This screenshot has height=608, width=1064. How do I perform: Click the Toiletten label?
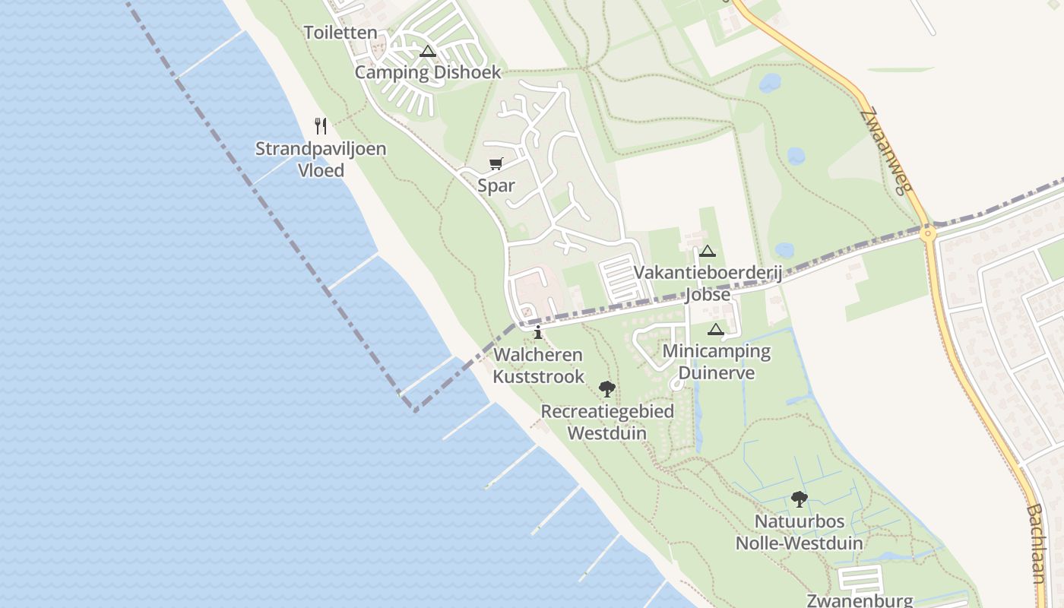point(340,33)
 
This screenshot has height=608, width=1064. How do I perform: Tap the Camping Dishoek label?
point(428,72)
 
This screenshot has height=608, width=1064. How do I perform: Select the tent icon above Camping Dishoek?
point(428,52)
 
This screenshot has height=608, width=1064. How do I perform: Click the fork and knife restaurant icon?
point(321,125)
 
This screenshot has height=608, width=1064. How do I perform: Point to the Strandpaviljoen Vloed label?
point(321,159)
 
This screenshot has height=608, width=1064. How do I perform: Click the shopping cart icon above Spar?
point(496,163)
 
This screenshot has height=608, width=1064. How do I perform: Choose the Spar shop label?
point(496,185)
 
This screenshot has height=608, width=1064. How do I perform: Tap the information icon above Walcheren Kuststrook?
point(538,332)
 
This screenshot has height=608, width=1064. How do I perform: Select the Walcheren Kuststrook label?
point(539,366)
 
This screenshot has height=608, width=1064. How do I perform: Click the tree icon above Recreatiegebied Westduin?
point(606,389)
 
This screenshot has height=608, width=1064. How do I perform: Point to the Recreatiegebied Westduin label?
point(607,422)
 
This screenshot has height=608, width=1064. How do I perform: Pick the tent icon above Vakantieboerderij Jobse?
point(708,252)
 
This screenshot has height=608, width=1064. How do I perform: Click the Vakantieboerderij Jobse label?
point(708,283)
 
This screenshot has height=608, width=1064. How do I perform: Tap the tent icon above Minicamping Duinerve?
point(715,330)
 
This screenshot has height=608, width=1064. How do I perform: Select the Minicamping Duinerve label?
point(717,362)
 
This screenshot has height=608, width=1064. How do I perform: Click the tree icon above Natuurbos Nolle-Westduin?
point(799,499)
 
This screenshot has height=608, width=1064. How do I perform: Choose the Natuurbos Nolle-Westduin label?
point(800,532)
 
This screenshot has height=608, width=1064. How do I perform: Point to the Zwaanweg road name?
point(887,150)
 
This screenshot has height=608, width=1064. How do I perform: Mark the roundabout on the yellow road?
point(927,233)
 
